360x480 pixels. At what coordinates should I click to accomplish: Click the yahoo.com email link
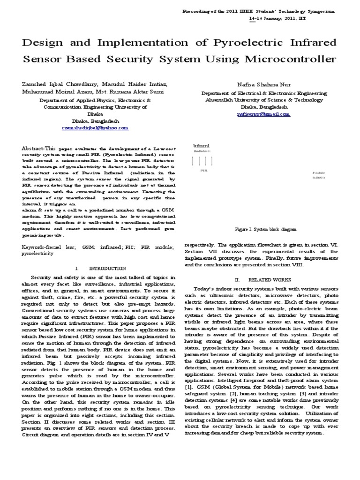coord(95,127)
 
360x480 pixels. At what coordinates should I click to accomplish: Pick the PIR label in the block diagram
coord(203,171)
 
